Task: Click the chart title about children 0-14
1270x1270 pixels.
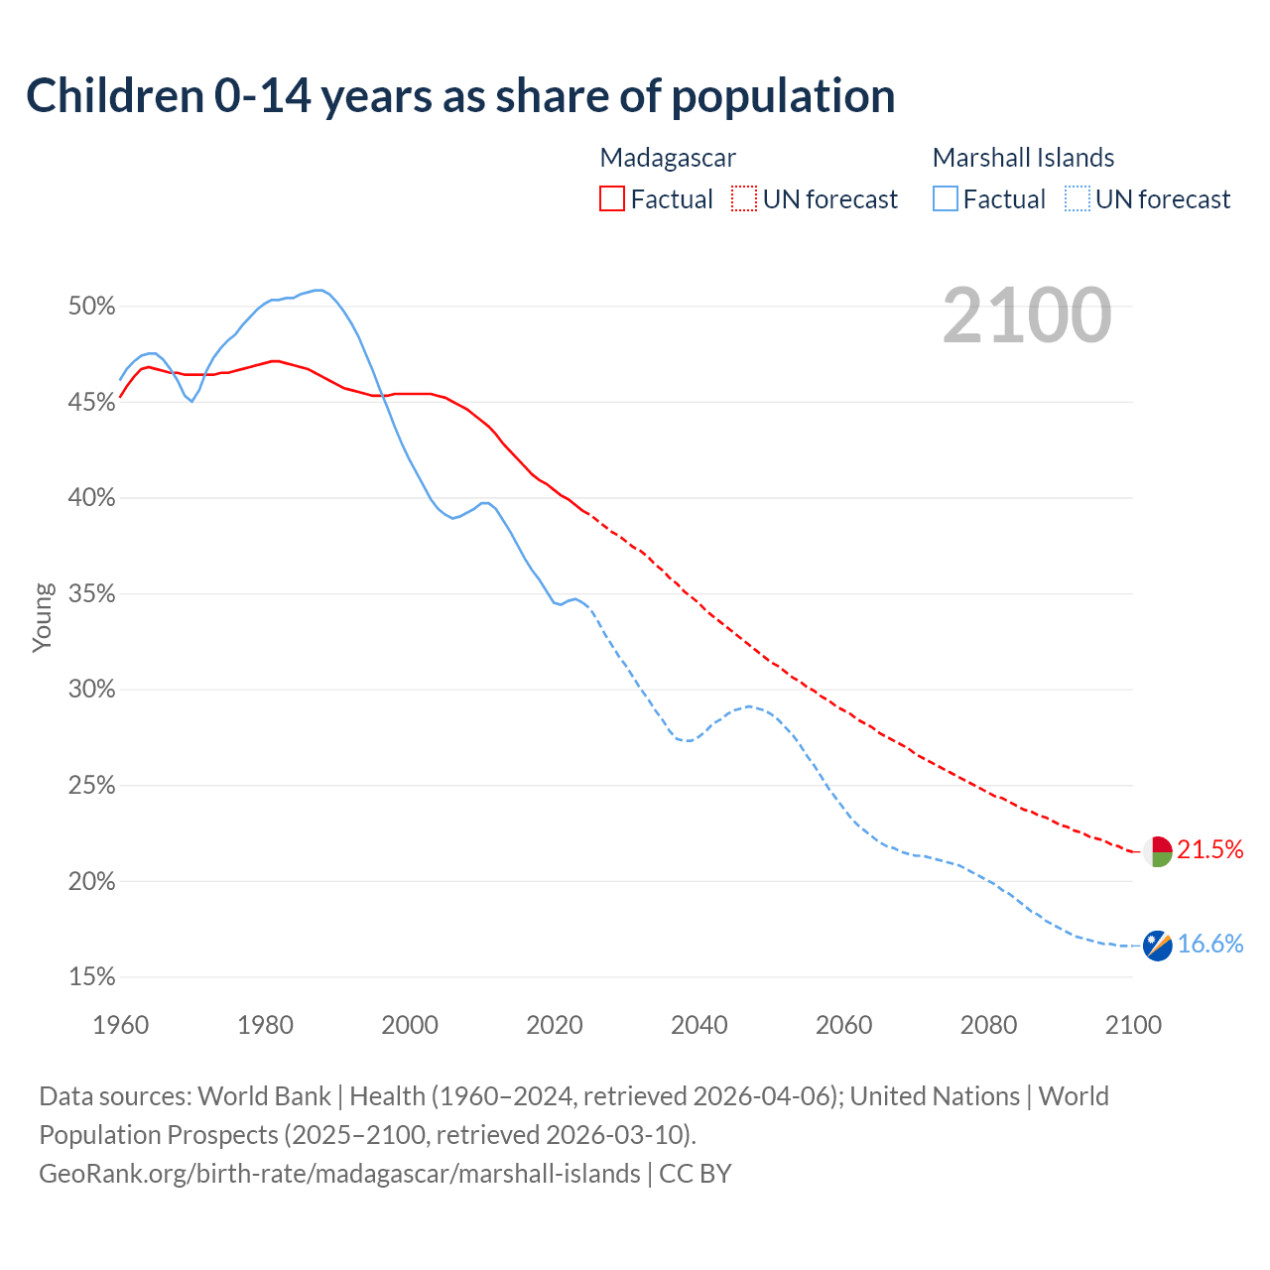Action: point(460,96)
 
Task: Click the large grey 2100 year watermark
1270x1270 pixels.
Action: point(1027,316)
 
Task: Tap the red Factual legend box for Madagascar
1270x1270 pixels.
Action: point(612,199)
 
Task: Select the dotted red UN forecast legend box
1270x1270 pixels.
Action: point(744,199)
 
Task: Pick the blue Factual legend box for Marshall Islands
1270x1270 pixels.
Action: point(946,199)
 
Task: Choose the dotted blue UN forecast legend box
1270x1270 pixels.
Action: point(1078,199)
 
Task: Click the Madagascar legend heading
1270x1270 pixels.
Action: point(668,158)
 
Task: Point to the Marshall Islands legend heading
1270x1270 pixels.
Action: point(1023,158)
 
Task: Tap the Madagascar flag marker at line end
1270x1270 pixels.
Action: point(1157,851)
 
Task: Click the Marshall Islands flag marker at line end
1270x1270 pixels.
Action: point(1157,946)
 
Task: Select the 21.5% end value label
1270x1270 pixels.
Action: point(1209,849)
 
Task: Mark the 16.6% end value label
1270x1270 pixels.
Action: point(1209,944)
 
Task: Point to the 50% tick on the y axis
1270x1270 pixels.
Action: point(92,307)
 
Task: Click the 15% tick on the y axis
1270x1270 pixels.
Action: point(92,977)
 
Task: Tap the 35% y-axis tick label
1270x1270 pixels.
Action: point(92,594)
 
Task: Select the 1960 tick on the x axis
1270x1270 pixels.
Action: point(121,1025)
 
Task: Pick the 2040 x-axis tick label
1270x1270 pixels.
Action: point(699,1025)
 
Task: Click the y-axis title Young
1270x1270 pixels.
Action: point(42,617)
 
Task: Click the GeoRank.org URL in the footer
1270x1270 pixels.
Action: point(339,1174)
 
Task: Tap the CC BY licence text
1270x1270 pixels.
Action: point(696,1174)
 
